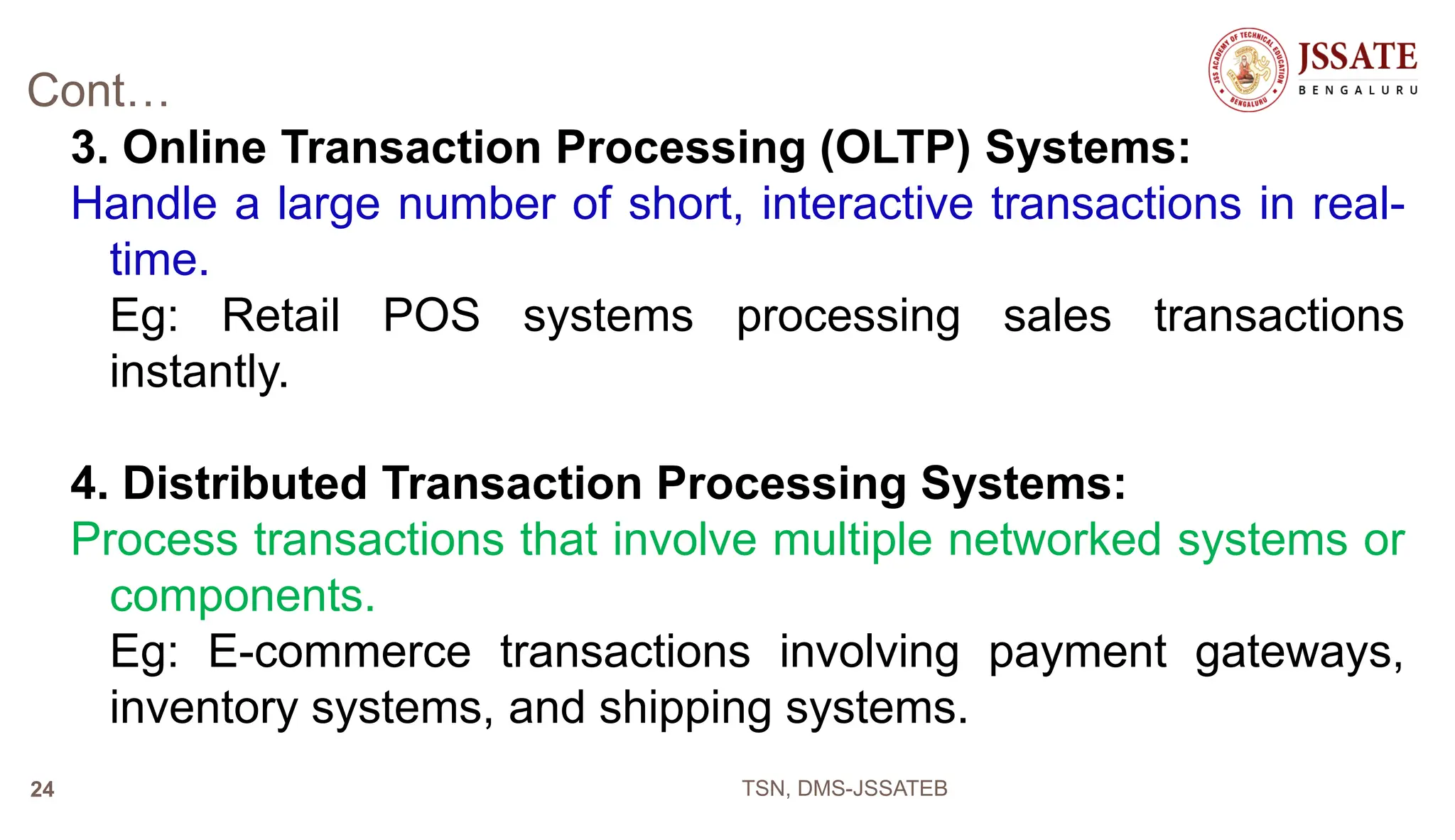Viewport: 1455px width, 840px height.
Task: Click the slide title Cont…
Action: tap(98, 91)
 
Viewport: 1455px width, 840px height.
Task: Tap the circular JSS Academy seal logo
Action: tap(1249, 70)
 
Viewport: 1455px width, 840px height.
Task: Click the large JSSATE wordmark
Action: tap(1358, 57)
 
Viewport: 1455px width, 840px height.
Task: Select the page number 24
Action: tap(42, 790)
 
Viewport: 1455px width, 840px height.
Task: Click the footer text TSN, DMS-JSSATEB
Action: tap(844, 789)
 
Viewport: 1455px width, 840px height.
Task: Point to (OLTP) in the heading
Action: tap(894, 148)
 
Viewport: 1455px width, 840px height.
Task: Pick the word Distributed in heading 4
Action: tap(244, 483)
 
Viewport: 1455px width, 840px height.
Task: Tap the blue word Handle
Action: tap(144, 204)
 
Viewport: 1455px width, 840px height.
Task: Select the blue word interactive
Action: tap(867, 204)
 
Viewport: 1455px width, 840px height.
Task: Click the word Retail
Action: tap(281, 316)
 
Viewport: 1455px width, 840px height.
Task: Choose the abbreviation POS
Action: tap(431, 316)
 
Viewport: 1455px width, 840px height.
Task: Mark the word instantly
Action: tap(199, 372)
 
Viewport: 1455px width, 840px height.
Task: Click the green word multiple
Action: tap(852, 539)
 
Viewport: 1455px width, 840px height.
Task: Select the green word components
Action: tap(242, 596)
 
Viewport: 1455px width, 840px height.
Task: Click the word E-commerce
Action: tap(339, 652)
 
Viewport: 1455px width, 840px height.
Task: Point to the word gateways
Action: tap(1299, 652)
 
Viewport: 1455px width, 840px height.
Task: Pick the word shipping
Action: tap(685, 709)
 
